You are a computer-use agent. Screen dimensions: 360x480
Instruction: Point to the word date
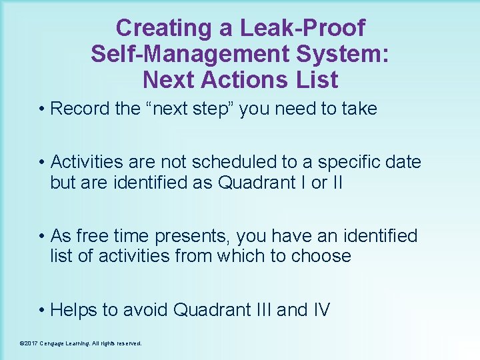click(403, 162)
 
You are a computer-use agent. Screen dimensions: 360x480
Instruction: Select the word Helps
click(76, 310)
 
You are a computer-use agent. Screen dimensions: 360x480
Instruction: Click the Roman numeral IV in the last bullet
click(320, 310)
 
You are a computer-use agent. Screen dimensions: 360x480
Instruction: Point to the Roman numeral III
click(260, 310)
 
